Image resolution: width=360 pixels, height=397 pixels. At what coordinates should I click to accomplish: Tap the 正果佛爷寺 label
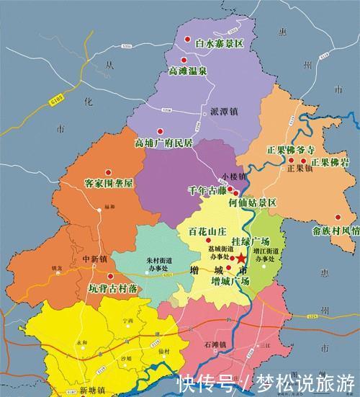pyautogui.click(x=291, y=150)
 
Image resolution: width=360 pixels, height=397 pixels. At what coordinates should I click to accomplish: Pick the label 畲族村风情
pyautogui.click(x=332, y=231)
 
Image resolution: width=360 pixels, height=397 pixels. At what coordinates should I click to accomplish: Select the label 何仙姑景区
pyautogui.click(x=252, y=203)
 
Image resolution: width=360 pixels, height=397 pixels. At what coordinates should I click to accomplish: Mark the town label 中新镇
pyautogui.click(x=94, y=258)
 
